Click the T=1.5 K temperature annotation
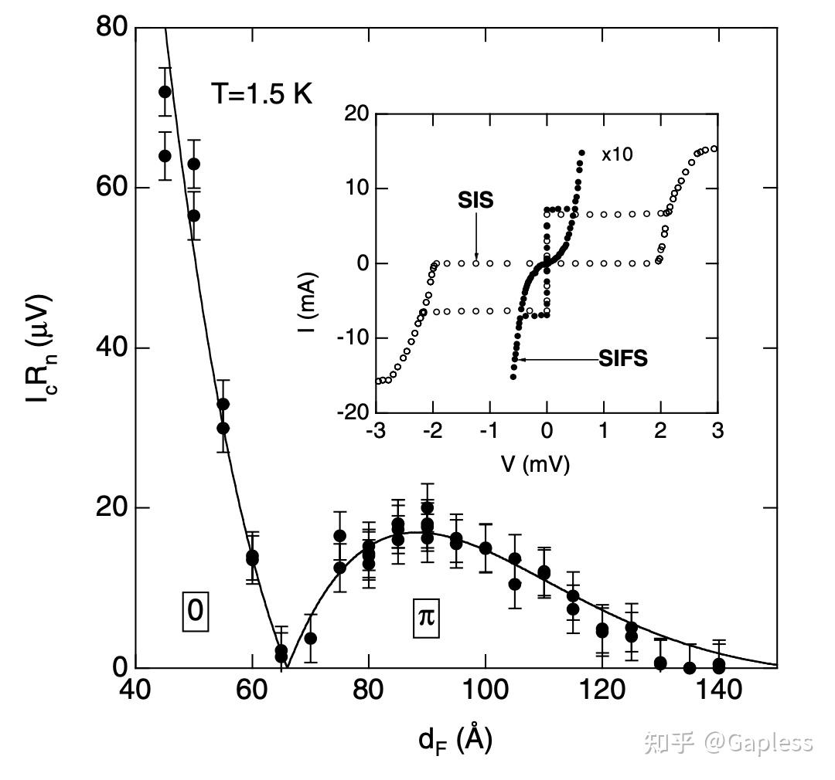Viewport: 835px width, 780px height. point(261,94)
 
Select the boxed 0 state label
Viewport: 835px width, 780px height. point(196,611)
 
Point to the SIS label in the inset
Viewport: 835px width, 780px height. point(475,200)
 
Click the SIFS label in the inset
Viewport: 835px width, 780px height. point(623,358)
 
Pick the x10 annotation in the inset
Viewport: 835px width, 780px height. point(617,154)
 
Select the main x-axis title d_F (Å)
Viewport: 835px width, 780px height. point(455,740)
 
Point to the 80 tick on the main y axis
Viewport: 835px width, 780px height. point(112,28)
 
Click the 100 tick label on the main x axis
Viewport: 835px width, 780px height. point(485,690)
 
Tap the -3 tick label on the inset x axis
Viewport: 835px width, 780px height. point(377,430)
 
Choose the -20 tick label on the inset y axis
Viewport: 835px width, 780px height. point(353,412)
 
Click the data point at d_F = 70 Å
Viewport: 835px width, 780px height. point(310,639)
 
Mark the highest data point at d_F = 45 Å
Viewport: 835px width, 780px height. point(165,92)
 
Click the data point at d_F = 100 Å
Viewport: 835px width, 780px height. point(486,548)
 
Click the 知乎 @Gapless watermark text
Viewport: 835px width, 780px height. point(728,742)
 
